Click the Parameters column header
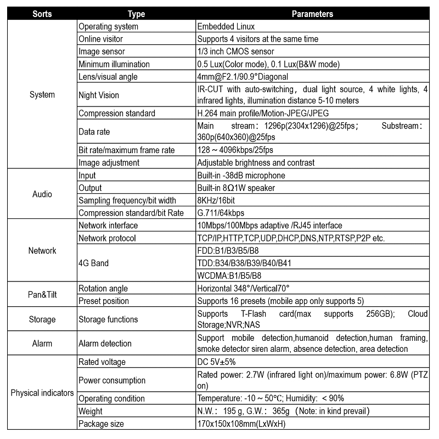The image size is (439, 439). click(x=312, y=14)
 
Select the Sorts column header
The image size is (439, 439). click(x=42, y=14)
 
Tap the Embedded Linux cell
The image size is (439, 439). click(x=226, y=26)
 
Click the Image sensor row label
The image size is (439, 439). click(x=103, y=52)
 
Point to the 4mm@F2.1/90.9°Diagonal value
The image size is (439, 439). click(x=243, y=77)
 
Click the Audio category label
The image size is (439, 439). click(x=42, y=194)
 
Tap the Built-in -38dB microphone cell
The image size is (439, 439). click(x=241, y=176)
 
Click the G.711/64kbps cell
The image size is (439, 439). click(x=221, y=213)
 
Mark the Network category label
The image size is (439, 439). click(x=42, y=251)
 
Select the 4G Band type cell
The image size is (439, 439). click(x=94, y=263)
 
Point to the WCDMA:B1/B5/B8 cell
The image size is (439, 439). click(x=229, y=275)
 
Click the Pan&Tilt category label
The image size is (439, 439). click(x=42, y=295)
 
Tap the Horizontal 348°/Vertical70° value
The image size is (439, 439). click(x=243, y=289)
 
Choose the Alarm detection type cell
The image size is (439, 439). click(x=105, y=344)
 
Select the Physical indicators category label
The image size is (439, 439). click(x=42, y=393)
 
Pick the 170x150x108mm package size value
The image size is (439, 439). click(x=241, y=424)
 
